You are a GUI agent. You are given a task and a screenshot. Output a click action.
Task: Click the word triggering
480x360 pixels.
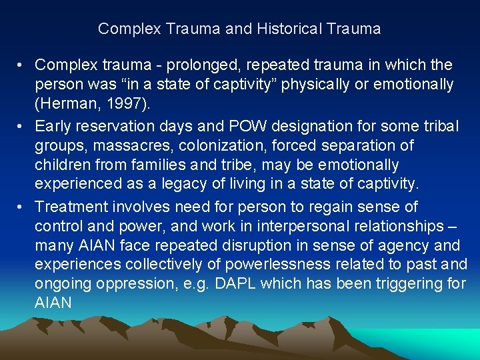tap(399, 284)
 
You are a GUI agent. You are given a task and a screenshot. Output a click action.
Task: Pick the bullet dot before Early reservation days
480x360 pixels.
tap(22, 125)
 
